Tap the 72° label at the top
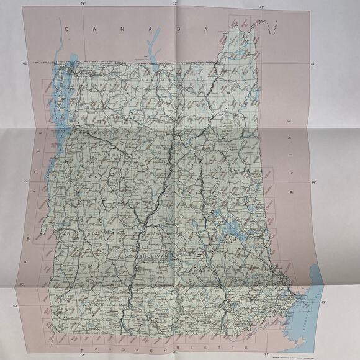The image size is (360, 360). coord(174,4)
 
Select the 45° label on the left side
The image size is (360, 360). coord(26,63)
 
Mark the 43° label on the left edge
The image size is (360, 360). coord(20,306)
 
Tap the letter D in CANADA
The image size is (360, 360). coord(177,29)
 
